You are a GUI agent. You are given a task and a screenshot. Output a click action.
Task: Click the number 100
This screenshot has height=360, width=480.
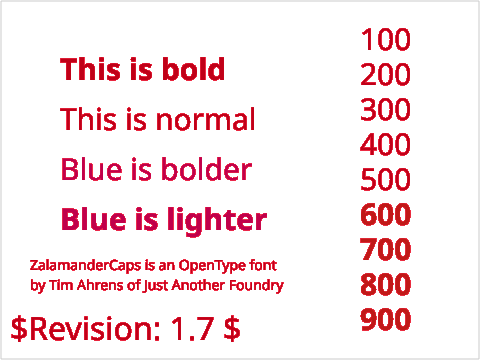point(386,40)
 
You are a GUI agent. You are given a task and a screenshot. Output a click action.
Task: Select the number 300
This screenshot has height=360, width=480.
point(385,110)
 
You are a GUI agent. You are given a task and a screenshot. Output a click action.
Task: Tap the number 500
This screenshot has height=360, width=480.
point(385,180)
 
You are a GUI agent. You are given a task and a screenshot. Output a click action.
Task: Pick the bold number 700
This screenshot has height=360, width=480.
point(385,249)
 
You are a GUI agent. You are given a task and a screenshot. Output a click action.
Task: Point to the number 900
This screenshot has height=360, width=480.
point(385,319)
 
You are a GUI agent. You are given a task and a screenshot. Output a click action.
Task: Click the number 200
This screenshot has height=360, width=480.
point(385,75)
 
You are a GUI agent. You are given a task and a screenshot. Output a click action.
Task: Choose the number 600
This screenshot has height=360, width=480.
point(385,215)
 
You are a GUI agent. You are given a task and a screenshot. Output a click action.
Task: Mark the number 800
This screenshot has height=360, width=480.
point(385,284)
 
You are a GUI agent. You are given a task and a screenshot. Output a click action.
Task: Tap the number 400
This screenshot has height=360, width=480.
point(385,145)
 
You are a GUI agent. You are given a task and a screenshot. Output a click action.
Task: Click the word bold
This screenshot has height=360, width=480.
point(193,69)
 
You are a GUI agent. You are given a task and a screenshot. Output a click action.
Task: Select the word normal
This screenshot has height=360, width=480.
point(206,119)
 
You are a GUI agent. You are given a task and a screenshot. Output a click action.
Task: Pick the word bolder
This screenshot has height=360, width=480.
point(207,169)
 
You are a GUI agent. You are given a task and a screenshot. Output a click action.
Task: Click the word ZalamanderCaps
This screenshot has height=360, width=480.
point(86,266)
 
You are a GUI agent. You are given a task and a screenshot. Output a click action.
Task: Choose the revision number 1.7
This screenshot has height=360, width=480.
point(192,329)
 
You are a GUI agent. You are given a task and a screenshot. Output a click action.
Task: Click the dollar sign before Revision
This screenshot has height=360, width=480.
point(19,329)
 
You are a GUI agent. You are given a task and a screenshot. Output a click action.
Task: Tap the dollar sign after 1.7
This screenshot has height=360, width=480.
point(232,329)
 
